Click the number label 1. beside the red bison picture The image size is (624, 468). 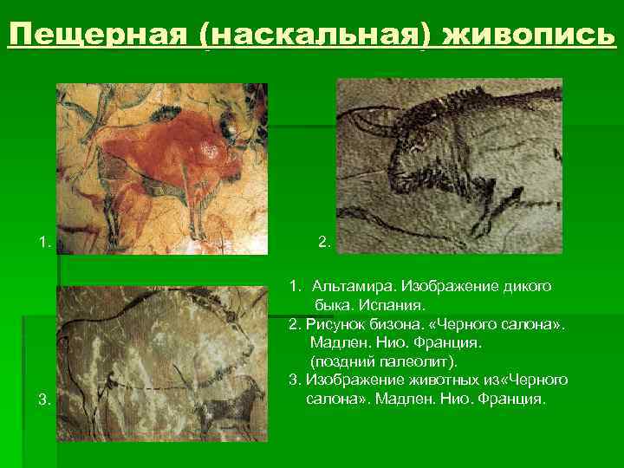click(44, 242)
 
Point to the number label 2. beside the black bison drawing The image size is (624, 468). click(324, 242)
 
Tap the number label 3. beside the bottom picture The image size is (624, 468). click(44, 400)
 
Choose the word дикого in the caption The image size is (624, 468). click(527, 285)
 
